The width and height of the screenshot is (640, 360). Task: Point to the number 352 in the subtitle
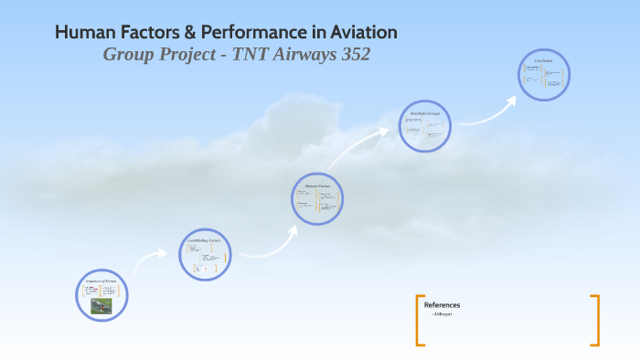click(x=352, y=55)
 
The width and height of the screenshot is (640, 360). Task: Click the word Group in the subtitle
click(x=128, y=55)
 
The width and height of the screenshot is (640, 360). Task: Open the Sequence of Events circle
click(x=101, y=294)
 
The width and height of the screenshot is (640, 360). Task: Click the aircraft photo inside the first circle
click(x=101, y=305)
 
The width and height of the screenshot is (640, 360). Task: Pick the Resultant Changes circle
click(x=425, y=125)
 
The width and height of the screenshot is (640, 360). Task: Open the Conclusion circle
click(x=543, y=75)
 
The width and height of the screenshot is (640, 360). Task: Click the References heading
click(x=443, y=305)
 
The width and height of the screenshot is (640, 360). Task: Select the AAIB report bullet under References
click(x=443, y=314)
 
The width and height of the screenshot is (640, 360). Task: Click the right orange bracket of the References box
click(x=595, y=320)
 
